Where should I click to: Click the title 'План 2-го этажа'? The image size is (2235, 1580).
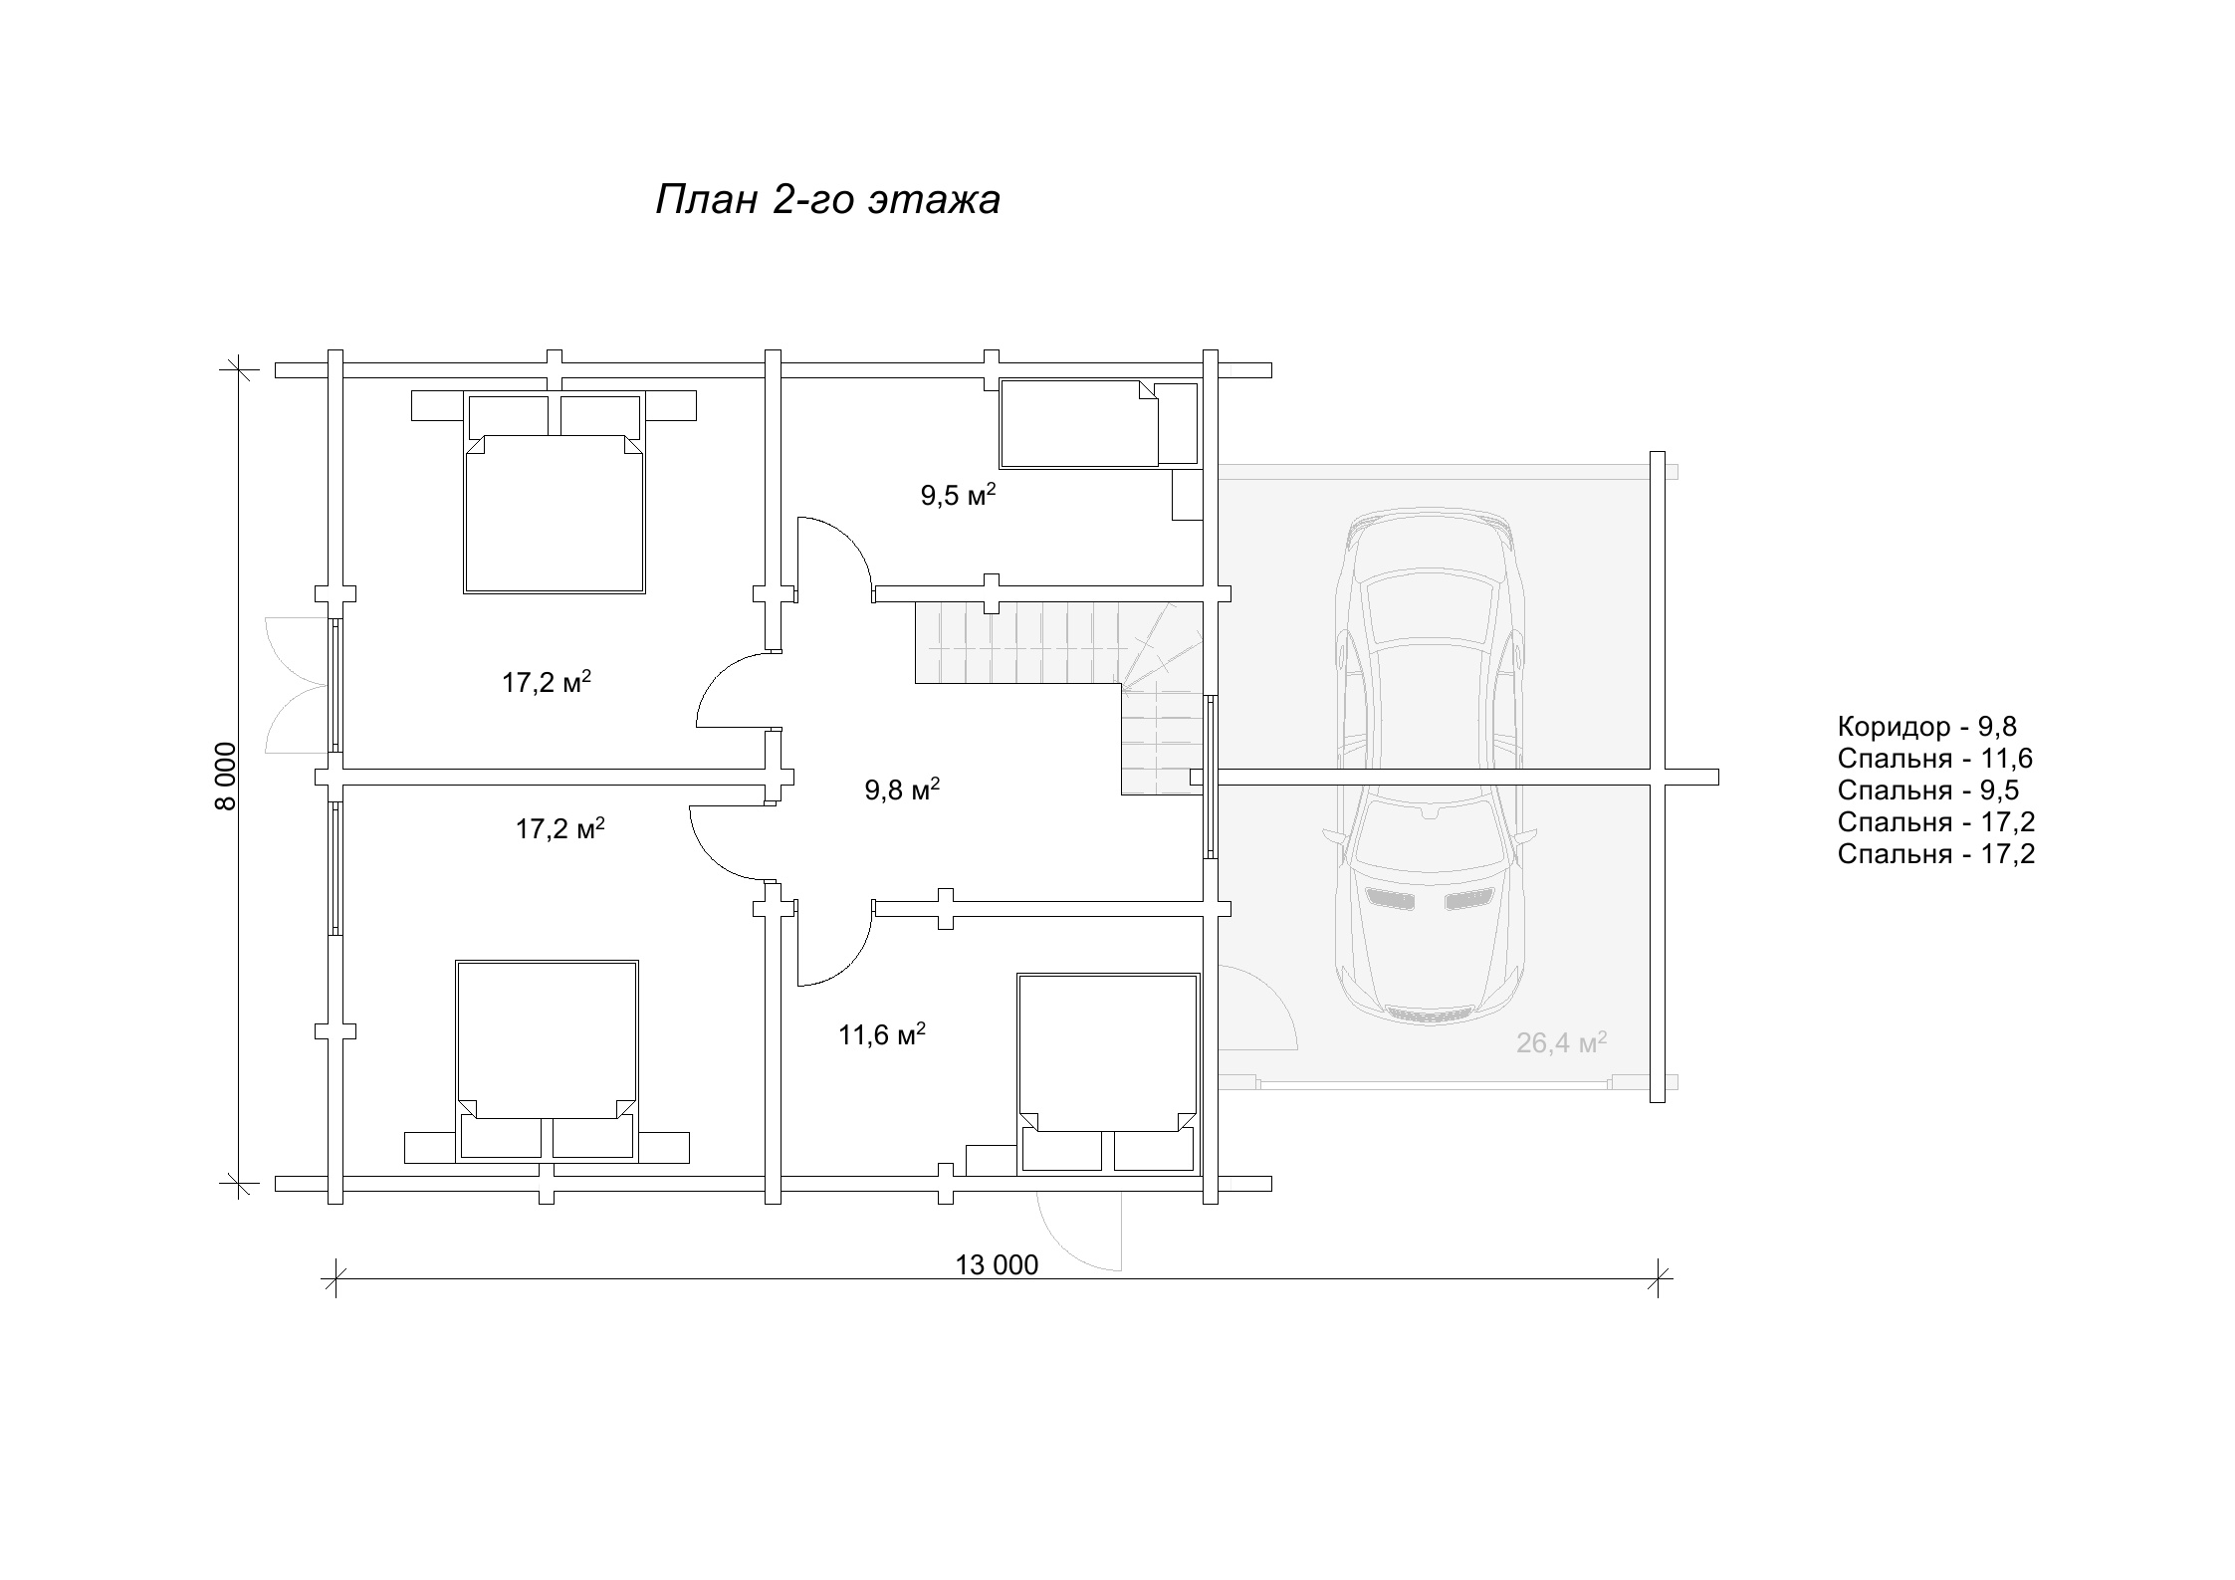[827, 200]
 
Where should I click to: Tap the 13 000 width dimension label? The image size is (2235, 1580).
[997, 1265]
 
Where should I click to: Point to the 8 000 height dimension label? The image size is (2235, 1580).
[227, 777]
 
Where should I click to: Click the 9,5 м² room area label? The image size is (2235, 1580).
[958, 496]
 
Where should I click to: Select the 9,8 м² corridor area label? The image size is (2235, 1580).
[902, 790]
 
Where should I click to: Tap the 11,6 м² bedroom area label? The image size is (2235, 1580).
[882, 1035]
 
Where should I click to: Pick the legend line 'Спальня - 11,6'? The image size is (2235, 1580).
[1935, 759]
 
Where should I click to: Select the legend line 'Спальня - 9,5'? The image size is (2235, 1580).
[1928, 790]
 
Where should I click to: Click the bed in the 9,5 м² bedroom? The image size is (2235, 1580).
[1079, 423]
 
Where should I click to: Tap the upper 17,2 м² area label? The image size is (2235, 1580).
[547, 683]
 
